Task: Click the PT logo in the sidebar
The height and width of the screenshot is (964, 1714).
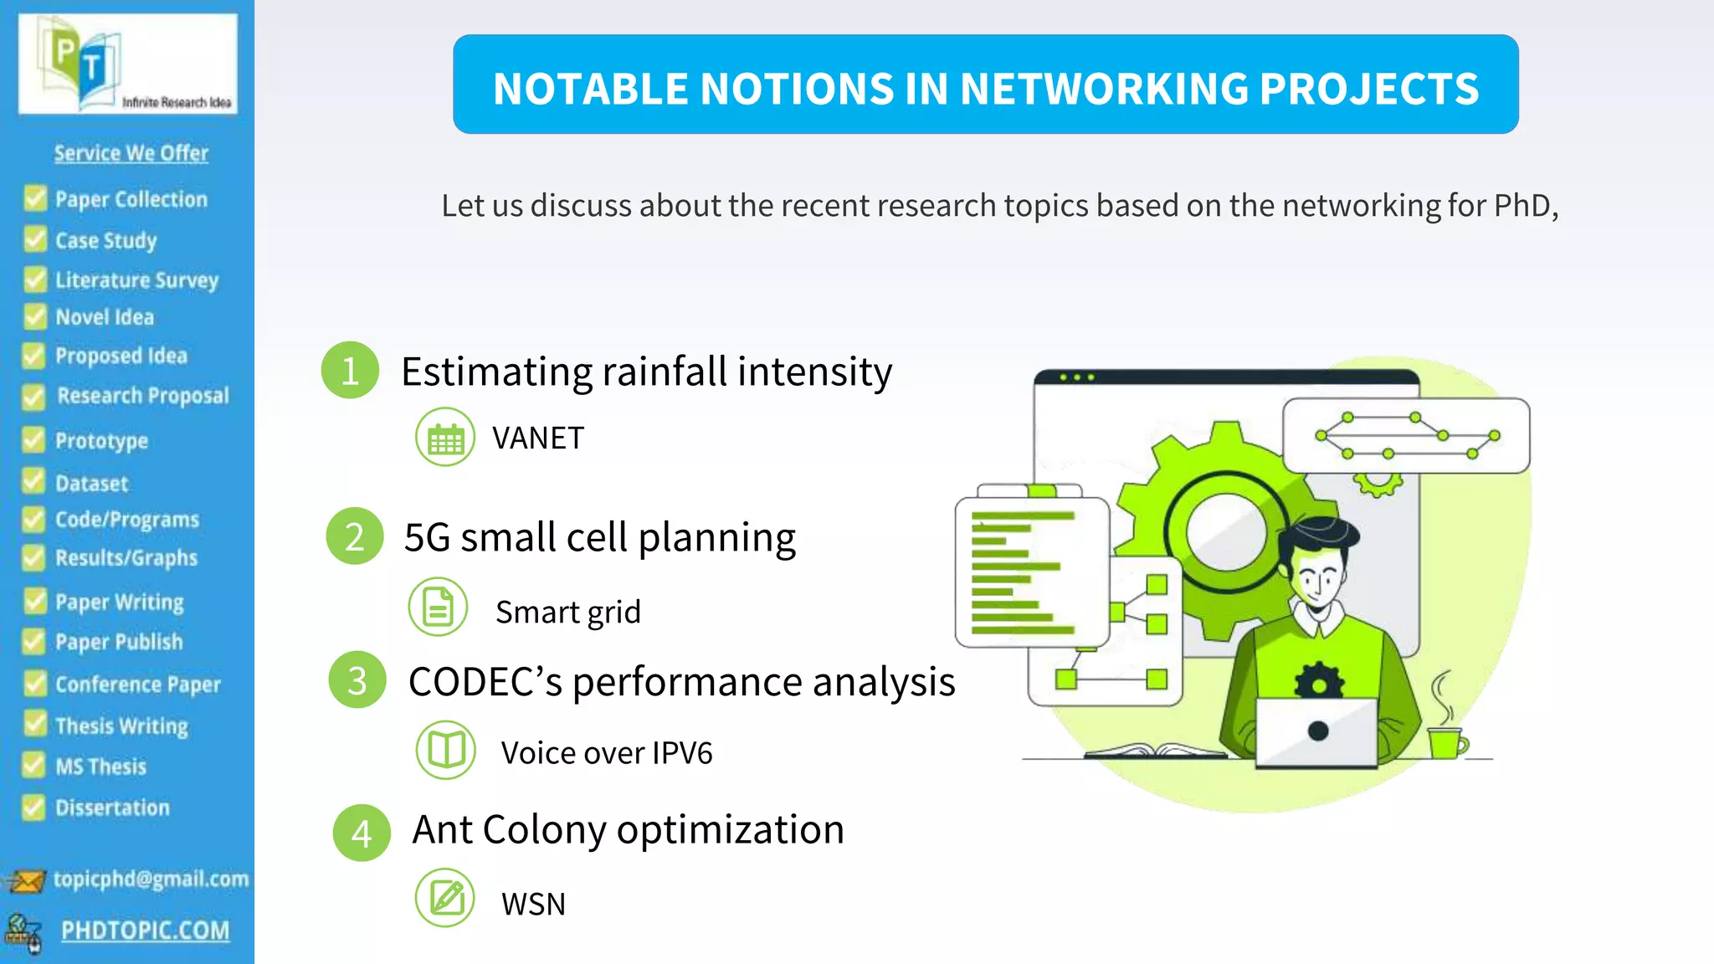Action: point(127,64)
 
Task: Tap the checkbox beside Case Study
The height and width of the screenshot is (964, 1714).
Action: point(35,240)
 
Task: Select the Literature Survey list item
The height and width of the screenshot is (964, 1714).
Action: point(136,280)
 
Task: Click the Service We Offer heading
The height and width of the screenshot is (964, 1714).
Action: point(131,153)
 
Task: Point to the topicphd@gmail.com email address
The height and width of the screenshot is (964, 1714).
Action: point(151,879)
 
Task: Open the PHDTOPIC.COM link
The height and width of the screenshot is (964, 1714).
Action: point(145,931)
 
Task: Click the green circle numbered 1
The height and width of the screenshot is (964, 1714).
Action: point(350,371)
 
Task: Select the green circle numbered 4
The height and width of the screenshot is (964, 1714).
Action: point(362,833)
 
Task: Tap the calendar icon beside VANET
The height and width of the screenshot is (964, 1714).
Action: point(445,438)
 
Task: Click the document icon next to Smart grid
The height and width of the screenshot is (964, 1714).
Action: point(438,608)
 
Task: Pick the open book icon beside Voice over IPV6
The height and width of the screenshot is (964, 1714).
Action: point(446,750)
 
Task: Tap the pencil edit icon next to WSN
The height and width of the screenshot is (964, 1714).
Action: point(445,899)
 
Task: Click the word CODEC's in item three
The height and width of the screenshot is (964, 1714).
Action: point(485,682)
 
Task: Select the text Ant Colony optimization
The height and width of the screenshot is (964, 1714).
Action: point(628,830)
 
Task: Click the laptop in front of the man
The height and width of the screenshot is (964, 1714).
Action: point(1316,731)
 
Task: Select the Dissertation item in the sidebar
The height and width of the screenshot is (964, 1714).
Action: point(112,808)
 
